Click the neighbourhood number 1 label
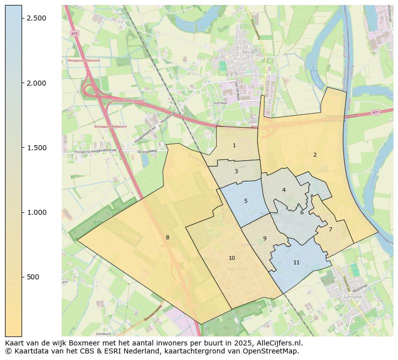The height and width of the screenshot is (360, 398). (234, 145)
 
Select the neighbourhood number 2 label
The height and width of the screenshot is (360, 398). (315, 155)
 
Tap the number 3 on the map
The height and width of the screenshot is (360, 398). (236, 171)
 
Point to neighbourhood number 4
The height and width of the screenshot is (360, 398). (284, 190)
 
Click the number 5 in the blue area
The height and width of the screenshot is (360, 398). (246, 201)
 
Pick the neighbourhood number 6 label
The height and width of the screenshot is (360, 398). (302, 212)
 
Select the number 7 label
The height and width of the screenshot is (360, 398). (330, 229)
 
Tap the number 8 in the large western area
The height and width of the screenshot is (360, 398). (167, 237)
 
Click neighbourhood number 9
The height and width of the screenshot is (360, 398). (265, 238)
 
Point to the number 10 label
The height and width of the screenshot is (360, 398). (232, 258)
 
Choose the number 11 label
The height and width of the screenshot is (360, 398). (296, 262)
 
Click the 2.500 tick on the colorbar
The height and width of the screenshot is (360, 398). (37, 18)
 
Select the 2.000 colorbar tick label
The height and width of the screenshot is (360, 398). (37, 83)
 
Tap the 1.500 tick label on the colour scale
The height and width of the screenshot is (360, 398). (37, 148)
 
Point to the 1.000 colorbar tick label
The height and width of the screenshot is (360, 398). (37, 212)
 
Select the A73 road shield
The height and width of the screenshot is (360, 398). (74, 33)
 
